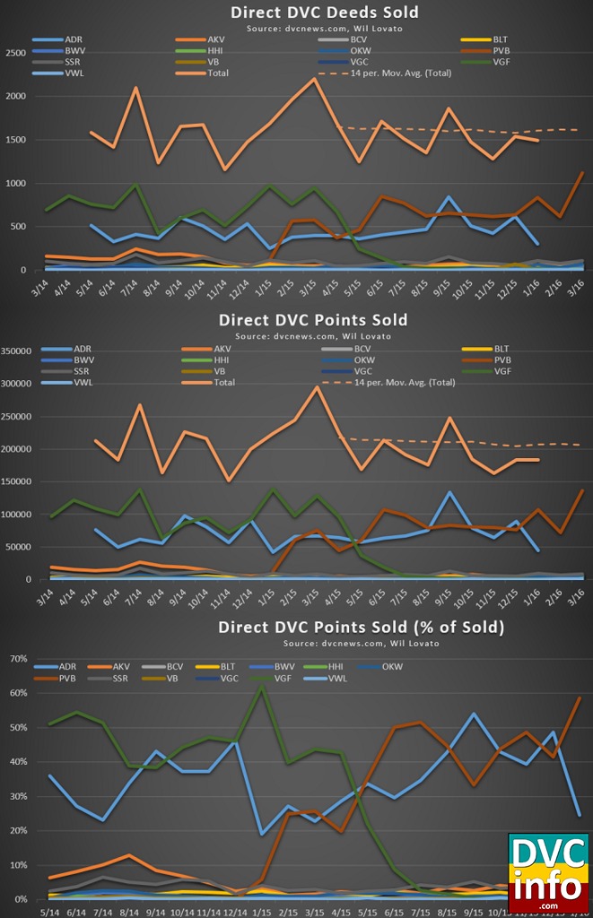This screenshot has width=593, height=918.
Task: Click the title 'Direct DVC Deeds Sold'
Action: click(x=311, y=12)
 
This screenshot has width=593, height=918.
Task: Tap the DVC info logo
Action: click(x=547, y=871)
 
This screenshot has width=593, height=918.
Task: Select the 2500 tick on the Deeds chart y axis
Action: click(x=15, y=53)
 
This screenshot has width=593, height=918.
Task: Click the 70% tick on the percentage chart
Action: click(x=17, y=659)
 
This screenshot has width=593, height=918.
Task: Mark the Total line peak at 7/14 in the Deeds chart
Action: click(x=135, y=88)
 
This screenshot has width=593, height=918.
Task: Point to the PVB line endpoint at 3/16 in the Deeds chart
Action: click(x=581, y=173)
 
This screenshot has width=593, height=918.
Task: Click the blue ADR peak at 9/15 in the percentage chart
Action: click(x=474, y=714)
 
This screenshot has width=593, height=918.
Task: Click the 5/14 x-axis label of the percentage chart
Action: click(x=27, y=908)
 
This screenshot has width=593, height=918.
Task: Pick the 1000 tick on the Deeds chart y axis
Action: click(x=15, y=183)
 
